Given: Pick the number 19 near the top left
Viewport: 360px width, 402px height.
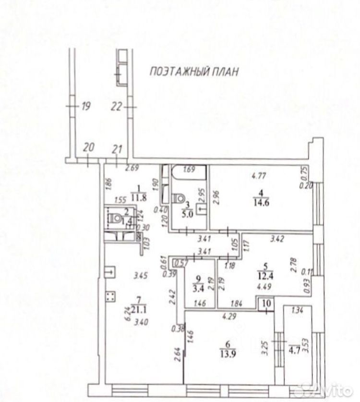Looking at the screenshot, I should click(86, 107).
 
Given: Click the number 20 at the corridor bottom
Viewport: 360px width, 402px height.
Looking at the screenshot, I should click(88, 148).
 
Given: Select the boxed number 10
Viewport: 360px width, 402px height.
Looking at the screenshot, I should click(266, 304).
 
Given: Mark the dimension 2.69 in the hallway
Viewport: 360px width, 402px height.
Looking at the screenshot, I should click(132, 168).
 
